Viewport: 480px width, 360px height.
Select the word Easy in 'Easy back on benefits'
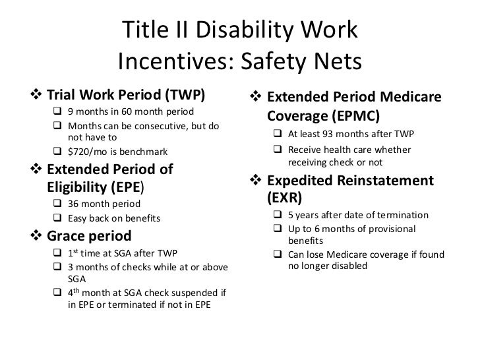pos(78,218)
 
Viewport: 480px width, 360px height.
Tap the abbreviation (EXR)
pos(284,196)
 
